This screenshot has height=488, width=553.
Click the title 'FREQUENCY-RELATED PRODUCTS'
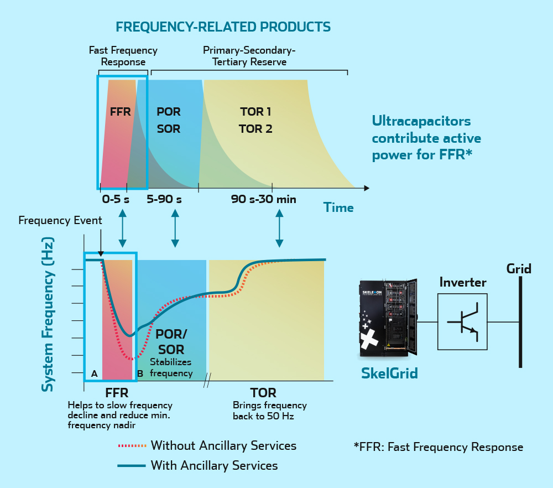point(223,27)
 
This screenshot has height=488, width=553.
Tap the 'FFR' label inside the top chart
point(120,111)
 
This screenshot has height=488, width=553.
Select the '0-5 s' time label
point(115,199)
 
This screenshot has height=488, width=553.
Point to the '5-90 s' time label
point(164,199)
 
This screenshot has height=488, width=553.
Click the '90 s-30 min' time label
point(263,199)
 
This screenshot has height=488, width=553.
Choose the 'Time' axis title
point(338,208)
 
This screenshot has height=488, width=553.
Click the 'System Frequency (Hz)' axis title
point(49,315)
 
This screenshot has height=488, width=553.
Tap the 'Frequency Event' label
point(60,221)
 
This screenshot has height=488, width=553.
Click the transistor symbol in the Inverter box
point(462,321)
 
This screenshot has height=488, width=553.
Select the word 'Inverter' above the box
point(462,283)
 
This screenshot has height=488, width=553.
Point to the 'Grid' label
point(519,269)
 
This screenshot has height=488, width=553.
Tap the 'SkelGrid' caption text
point(389,373)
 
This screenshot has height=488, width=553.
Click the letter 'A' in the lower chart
point(94,374)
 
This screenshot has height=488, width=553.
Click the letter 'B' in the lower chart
point(140,374)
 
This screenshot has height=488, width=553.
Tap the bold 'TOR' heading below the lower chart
point(263,393)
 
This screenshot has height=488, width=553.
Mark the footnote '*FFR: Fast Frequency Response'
point(438,447)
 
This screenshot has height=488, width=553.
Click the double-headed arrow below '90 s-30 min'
point(279,228)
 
